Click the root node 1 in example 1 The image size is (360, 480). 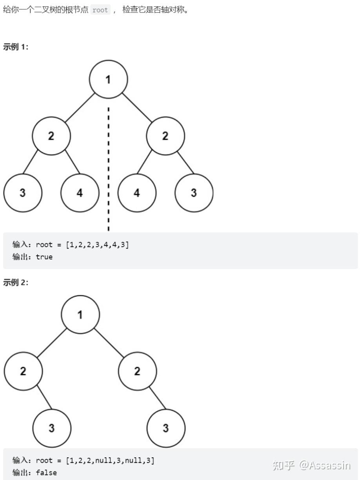tap(108, 79)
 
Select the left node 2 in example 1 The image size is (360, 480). tap(51, 136)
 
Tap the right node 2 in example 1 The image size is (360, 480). tap(165, 136)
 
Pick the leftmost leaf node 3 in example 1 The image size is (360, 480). tap(23, 193)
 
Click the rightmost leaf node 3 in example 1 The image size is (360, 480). tap(194, 193)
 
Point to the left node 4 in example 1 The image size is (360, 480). tap(80, 193)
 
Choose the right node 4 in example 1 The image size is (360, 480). tap(137, 193)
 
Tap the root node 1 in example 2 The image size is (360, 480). tap(80, 314)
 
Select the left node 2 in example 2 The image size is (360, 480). tap(23, 371)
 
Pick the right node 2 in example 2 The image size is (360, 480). tap(137, 371)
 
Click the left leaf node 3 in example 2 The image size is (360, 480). tap(52, 428)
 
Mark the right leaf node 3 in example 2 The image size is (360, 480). tap(165, 428)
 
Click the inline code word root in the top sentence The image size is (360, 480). tap(100, 10)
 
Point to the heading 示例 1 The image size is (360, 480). tap(16, 47)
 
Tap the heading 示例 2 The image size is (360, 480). tap(16, 283)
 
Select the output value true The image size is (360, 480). tap(44, 257)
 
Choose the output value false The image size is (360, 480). tap(46, 473)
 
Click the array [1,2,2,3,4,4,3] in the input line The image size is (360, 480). tap(97, 245)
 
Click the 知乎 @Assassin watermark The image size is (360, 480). tap(311, 465)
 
